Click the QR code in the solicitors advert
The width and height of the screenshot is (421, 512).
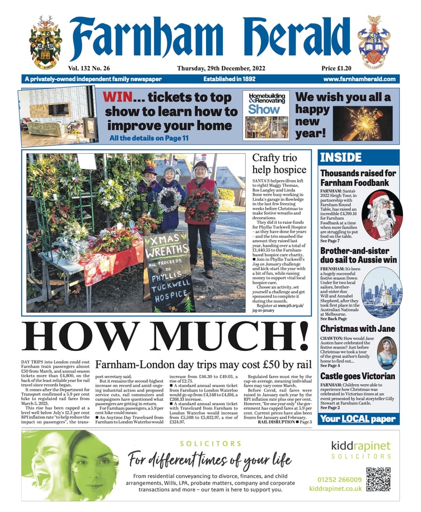(378, 480)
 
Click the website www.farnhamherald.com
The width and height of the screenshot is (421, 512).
(359, 79)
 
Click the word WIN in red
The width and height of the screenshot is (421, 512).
(121, 97)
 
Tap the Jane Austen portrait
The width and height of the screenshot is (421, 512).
(386, 351)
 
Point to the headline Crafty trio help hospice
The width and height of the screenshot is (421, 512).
(279, 163)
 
